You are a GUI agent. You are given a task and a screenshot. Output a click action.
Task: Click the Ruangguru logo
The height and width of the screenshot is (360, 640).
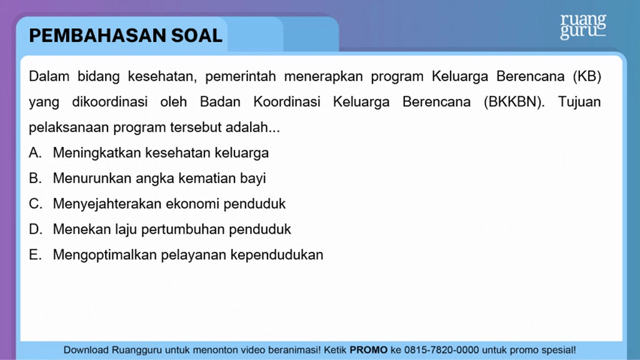point(583,26)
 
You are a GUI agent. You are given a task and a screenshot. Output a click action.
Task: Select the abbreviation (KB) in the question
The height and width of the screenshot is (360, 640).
point(587,76)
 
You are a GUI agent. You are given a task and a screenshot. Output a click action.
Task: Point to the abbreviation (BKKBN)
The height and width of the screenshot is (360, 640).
point(514,102)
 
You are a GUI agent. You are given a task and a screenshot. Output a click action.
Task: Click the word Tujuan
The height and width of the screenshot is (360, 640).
point(579,102)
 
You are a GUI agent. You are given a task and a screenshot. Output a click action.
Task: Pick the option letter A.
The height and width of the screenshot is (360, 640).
point(35,152)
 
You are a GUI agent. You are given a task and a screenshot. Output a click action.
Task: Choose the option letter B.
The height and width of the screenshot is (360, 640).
point(35,178)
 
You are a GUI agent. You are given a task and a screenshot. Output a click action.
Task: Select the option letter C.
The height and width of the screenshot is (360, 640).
point(35,204)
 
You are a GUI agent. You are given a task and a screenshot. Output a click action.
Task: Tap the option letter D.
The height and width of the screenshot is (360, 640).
point(35,229)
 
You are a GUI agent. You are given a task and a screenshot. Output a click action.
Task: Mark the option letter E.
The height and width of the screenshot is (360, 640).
point(35,255)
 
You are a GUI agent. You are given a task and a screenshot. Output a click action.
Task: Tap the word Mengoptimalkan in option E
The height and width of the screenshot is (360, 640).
point(104,255)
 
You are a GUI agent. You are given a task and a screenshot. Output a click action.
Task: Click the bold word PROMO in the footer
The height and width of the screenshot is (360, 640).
point(369,350)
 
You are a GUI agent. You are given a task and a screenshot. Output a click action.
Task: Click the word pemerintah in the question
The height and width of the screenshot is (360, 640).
point(241,77)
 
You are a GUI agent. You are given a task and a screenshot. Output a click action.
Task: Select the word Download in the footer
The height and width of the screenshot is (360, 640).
point(86,350)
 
